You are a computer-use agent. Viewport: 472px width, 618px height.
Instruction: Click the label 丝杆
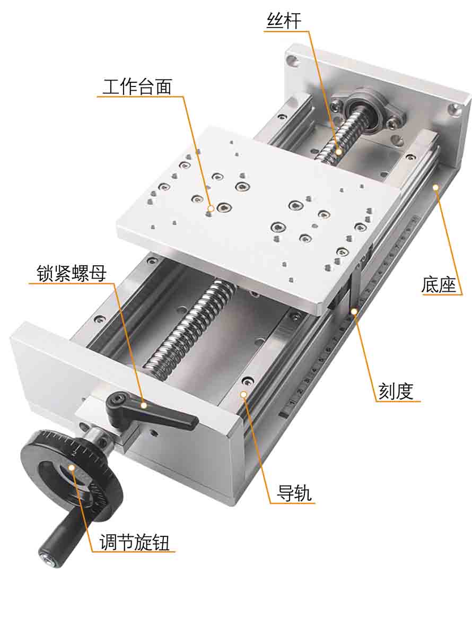[x=283, y=21]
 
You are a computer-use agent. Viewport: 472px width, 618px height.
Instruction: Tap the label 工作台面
[x=137, y=86]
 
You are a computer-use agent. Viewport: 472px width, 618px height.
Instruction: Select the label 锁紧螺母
[x=72, y=273]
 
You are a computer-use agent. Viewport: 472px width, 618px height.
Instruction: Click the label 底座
[x=439, y=285]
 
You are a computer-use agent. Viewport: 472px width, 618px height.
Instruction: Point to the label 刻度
[x=396, y=391]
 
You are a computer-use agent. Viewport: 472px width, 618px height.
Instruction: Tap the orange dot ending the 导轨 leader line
[x=243, y=394]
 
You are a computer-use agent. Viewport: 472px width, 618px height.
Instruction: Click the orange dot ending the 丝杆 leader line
[x=338, y=152]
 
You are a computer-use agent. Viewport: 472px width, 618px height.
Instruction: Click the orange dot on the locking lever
[x=143, y=405]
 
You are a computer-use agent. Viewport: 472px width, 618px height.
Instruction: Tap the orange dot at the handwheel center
[x=71, y=468]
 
